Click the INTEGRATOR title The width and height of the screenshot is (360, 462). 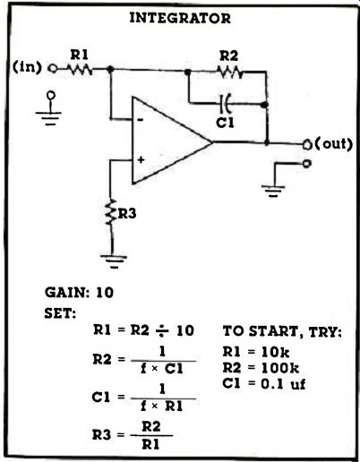(x=180, y=18)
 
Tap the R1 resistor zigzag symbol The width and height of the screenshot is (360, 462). (x=79, y=70)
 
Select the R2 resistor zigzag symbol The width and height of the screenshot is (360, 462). (x=229, y=72)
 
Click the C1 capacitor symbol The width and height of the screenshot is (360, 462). (x=226, y=103)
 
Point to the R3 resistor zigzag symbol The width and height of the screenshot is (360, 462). (x=111, y=212)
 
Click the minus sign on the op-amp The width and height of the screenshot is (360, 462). (x=141, y=120)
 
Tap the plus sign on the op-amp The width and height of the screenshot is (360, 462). (x=141, y=160)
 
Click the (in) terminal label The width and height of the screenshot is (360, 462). (x=27, y=67)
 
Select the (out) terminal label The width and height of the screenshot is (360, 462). (x=334, y=144)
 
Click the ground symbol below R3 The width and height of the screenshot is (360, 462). (x=114, y=261)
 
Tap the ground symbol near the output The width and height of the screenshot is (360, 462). (x=273, y=191)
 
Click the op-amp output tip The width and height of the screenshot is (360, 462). (x=211, y=141)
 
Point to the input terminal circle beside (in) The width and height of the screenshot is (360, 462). (x=53, y=69)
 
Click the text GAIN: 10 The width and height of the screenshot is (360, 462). (x=79, y=293)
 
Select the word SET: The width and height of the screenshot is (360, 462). (x=60, y=313)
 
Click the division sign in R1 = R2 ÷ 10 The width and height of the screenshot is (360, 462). (x=161, y=330)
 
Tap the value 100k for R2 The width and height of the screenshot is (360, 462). (x=279, y=368)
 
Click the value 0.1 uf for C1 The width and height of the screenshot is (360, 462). (x=283, y=384)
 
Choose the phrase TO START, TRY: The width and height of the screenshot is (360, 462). (x=282, y=331)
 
